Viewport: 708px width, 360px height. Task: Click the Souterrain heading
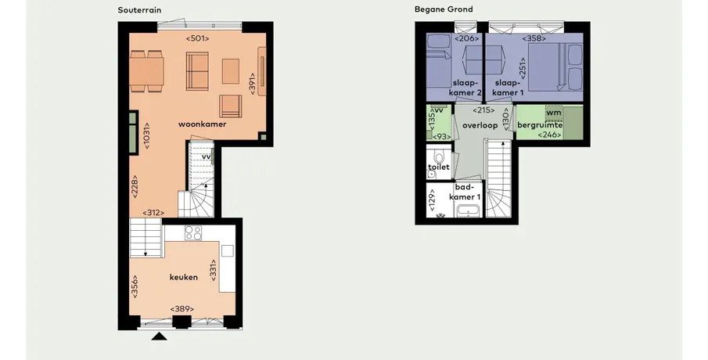pos(139,10)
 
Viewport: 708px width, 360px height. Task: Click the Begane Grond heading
pos(444,9)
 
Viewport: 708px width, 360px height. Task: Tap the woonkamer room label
pos(203,124)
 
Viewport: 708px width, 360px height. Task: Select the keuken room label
pos(184,277)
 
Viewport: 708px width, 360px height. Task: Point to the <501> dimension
pos(198,39)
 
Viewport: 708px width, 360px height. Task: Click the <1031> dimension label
pos(146,136)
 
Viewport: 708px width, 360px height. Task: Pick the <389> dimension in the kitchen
pos(182,309)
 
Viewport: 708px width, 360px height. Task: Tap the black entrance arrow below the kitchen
pos(159,336)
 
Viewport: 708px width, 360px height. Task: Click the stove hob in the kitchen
pos(193,233)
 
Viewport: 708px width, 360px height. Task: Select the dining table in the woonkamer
pos(147,71)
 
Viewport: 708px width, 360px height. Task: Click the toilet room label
pos(439,167)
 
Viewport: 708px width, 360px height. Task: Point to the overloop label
pos(480,125)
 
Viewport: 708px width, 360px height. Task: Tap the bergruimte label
pos(540,125)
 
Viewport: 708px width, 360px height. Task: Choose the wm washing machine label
pos(554,113)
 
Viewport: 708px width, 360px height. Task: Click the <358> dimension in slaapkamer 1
pos(534,39)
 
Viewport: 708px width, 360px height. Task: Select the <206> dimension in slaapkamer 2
pos(467,39)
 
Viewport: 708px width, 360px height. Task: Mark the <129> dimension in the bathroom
pos(432,200)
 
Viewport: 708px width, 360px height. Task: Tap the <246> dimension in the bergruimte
pos(550,135)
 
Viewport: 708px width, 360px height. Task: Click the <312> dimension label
pos(153,213)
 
